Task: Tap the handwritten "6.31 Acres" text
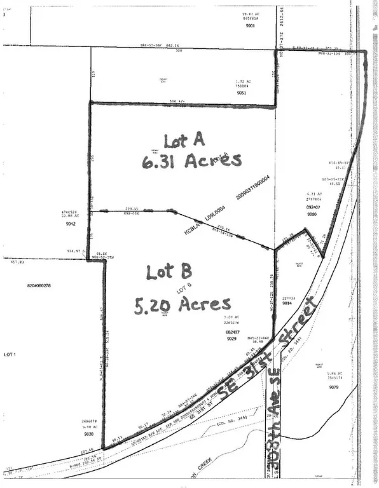pos(192,161)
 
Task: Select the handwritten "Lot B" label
pos(169,273)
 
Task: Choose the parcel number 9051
pos(241,93)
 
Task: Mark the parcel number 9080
pos(312,214)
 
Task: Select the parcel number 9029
pos(231,340)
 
